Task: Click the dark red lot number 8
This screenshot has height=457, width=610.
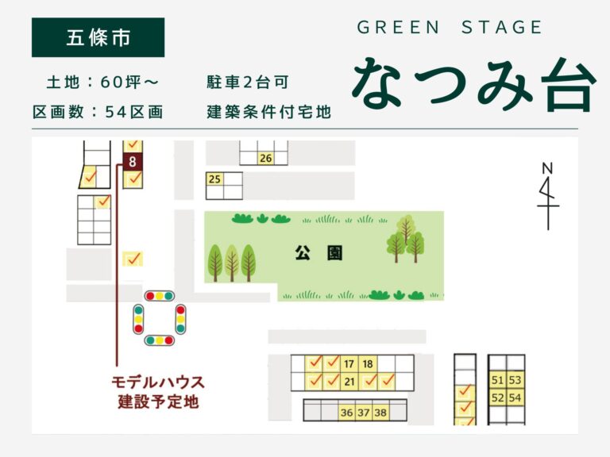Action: click(x=133, y=161)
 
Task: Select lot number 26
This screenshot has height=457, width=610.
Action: click(x=266, y=158)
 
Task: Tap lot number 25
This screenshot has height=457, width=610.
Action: click(x=214, y=179)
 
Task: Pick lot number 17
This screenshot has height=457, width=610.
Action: click(x=349, y=364)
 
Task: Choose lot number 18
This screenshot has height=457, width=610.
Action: click(x=368, y=364)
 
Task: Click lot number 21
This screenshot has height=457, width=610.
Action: click(x=349, y=382)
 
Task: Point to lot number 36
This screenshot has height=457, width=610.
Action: click(x=346, y=412)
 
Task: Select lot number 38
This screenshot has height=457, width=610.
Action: click(x=380, y=412)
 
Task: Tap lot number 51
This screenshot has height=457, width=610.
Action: click(x=498, y=380)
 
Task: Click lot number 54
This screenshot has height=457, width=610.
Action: click(x=515, y=397)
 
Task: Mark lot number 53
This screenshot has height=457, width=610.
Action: click(x=515, y=380)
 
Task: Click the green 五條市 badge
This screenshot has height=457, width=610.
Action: click(x=98, y=37)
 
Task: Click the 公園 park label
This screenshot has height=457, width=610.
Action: click(x=318, y=254)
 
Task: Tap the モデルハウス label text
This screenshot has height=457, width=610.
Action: click(x=157, y=382)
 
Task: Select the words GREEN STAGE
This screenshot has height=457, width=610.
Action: click(x=450, y=28)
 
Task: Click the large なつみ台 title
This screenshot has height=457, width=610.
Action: click(x=473, y=82)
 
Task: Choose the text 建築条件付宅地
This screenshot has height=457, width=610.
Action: click(x=268, y=112)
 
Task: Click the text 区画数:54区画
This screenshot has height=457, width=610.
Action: click(x=98, y=112)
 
